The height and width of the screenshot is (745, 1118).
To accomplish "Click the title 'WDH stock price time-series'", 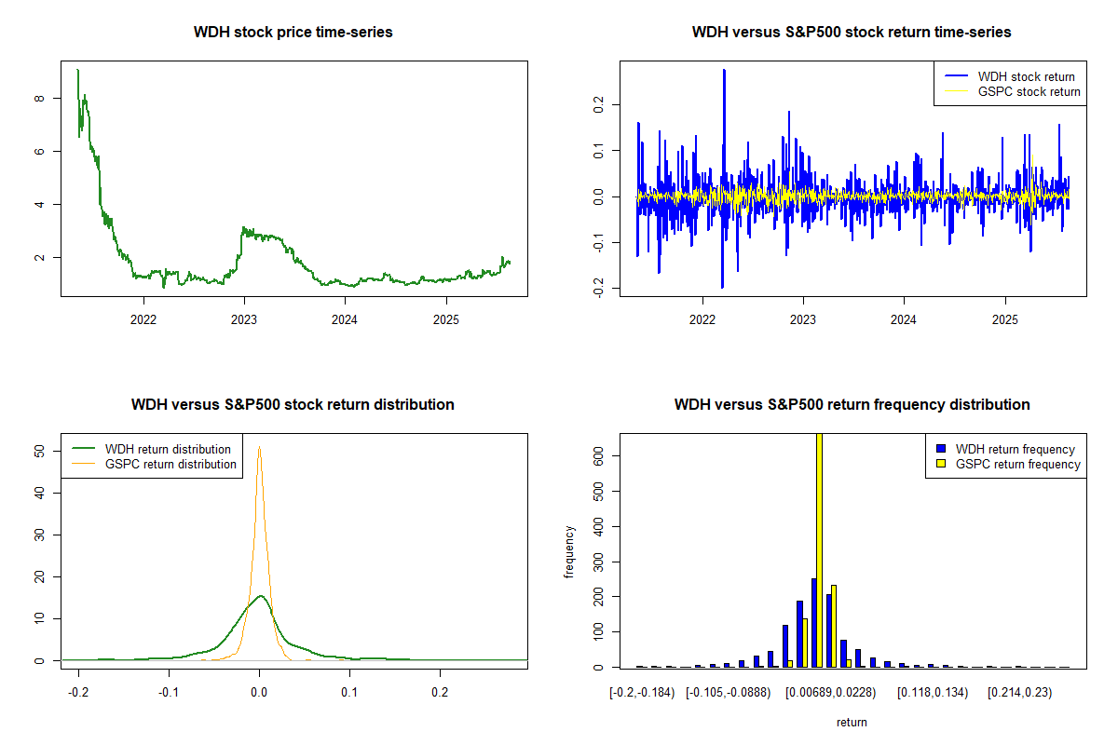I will click(293, 33).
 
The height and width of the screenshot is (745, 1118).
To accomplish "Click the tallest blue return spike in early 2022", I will click(724, 71).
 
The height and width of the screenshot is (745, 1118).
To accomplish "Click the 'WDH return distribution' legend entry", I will click(168, 450).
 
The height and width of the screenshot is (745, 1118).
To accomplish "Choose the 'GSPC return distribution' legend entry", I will click(170, 464).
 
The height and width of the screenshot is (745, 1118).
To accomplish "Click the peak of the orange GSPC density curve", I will click(259, 447).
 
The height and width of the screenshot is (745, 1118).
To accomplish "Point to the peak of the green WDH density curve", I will click(260, 596).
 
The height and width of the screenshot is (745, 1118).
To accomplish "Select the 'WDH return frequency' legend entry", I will click(1021, 450).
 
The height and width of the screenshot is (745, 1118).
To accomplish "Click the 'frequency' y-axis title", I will click(569, 551).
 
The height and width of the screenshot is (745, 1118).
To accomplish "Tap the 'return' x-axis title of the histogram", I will click(852, 722).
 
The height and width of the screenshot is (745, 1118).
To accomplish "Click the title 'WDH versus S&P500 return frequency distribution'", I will click(852, 405).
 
